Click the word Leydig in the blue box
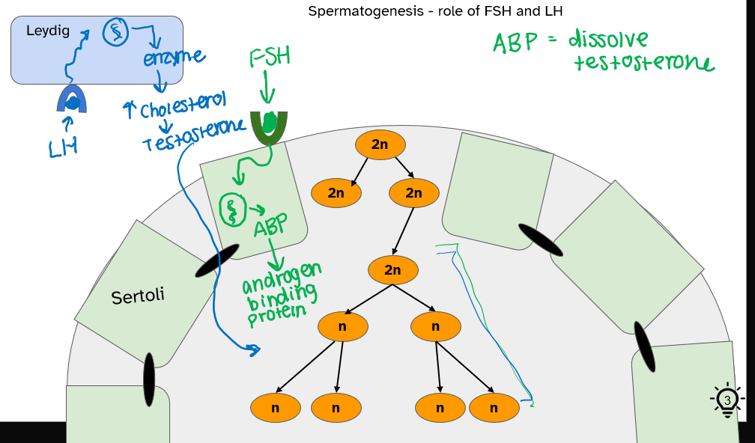coord(46,31)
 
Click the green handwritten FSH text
coord(270,57)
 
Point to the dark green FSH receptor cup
coord(269,127)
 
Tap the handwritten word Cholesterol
coord(183,104)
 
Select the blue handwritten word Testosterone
coord(193,134)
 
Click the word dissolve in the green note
coord(607,39)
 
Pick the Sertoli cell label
coord(137,296)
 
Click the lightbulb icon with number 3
coord(727,400)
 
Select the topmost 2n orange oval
coord(380,144)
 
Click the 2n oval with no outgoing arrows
coord(336,192)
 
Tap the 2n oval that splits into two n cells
coord(392,270)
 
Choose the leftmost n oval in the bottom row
coord(276,408)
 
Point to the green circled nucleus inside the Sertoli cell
coord(231,208)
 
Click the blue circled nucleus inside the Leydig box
coord(115,32)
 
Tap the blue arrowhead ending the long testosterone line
coord(255,349)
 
